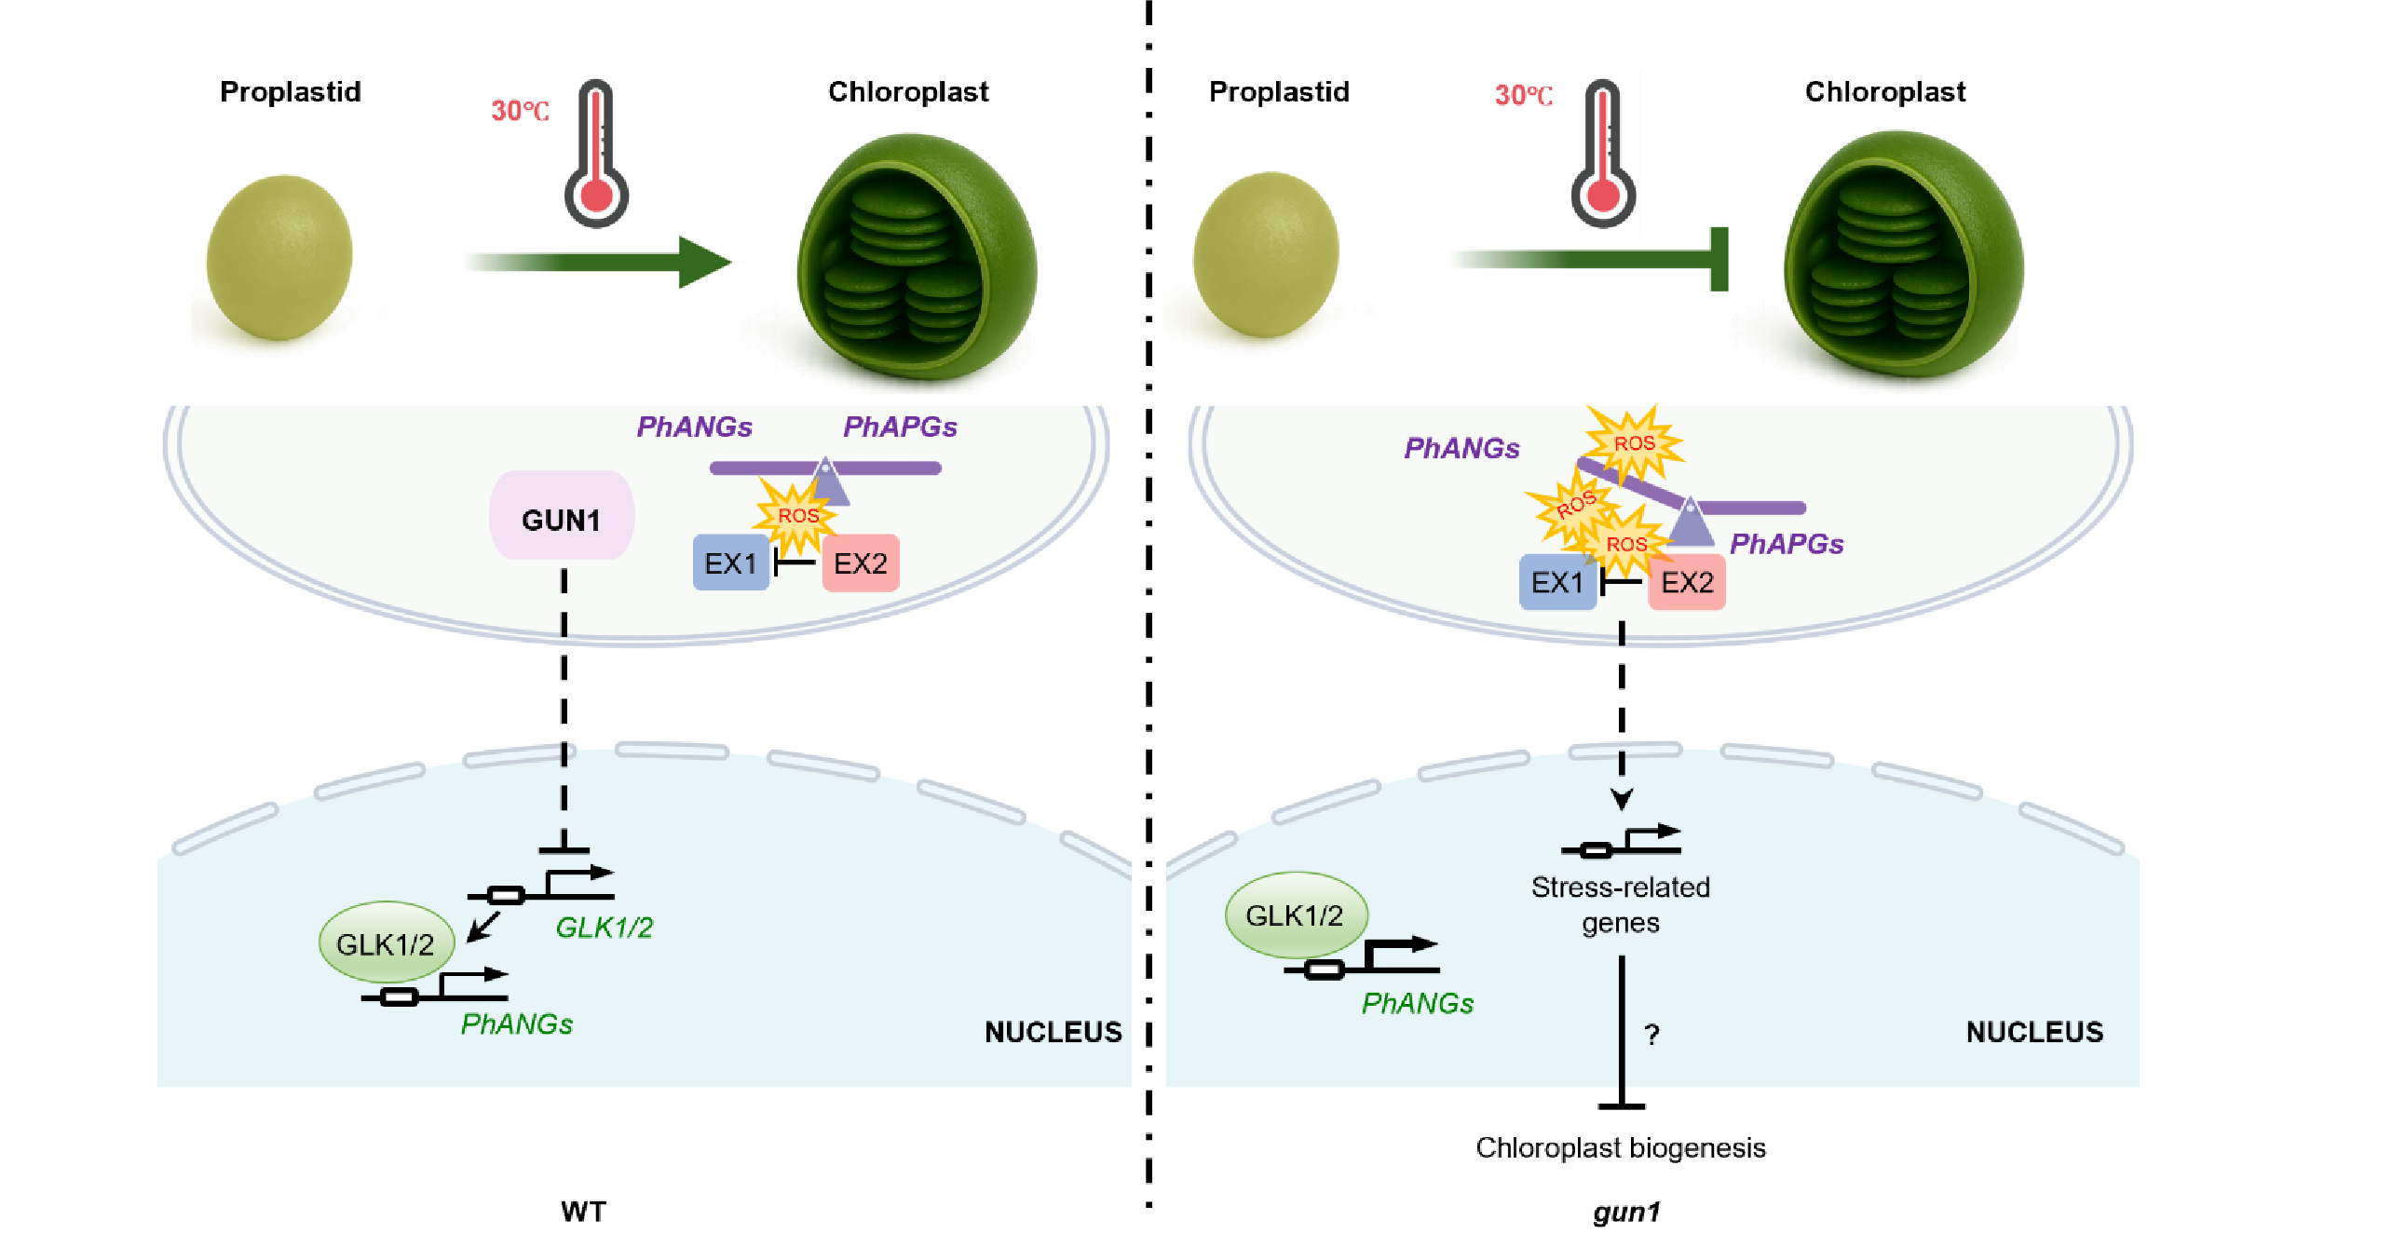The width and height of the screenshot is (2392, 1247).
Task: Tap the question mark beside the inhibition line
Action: coord(1651,1035)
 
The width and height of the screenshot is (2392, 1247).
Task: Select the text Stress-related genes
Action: coord(1621,904)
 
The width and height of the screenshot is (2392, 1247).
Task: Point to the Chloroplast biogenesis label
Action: coord(1621,1147)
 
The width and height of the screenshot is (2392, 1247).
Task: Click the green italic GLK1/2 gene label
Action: coord(605,928)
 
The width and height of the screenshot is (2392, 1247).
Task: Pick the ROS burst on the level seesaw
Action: coord(797,515)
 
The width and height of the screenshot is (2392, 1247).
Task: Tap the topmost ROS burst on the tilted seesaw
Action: coord(1635,443)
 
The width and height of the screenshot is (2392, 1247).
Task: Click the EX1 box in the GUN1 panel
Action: coord(731,563)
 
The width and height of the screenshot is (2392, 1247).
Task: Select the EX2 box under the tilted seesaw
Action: coord(1687,583)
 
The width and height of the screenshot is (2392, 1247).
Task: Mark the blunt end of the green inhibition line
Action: coord(1719,260)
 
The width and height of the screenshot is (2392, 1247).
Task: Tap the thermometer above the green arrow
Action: coord(597,154)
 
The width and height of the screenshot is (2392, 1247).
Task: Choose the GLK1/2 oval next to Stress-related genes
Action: coord(1296,915)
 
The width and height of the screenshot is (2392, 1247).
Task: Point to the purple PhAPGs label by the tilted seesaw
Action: coord(1787,544)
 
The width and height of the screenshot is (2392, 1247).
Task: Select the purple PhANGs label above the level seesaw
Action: coord(695,427)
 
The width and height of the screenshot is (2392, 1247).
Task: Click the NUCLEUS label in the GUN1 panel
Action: coord(1053,1032)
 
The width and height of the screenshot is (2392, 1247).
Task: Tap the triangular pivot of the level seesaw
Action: coord(826,482)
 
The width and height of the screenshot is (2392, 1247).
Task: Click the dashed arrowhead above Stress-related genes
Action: coord(1622,799)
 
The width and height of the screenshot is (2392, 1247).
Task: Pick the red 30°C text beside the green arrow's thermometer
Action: coord(520,111)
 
